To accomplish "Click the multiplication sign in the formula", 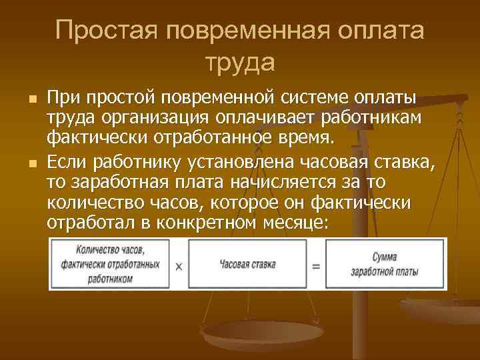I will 179,266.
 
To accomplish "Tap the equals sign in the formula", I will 315,265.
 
